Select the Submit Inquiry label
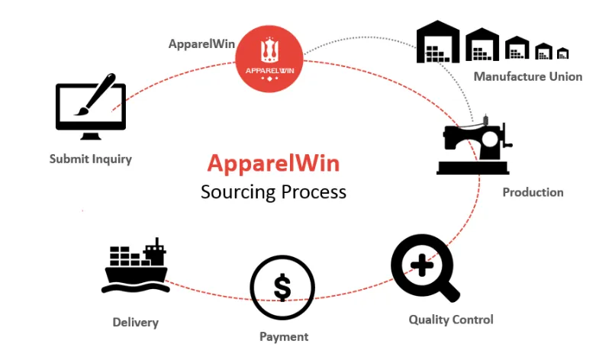click(91, 159)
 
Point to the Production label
click(533, 192)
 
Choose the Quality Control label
click(451, 320)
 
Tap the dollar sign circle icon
click(282, 288)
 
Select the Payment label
click(284, 336)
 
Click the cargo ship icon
click(136, 267)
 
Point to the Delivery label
click(136, 323)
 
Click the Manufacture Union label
click(528, 76)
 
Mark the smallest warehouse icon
click(562, 53)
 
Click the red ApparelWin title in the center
click(273, 164)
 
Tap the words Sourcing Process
click(273, 191)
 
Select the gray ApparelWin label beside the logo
click(201, 43)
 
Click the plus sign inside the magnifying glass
click(419, 262)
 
